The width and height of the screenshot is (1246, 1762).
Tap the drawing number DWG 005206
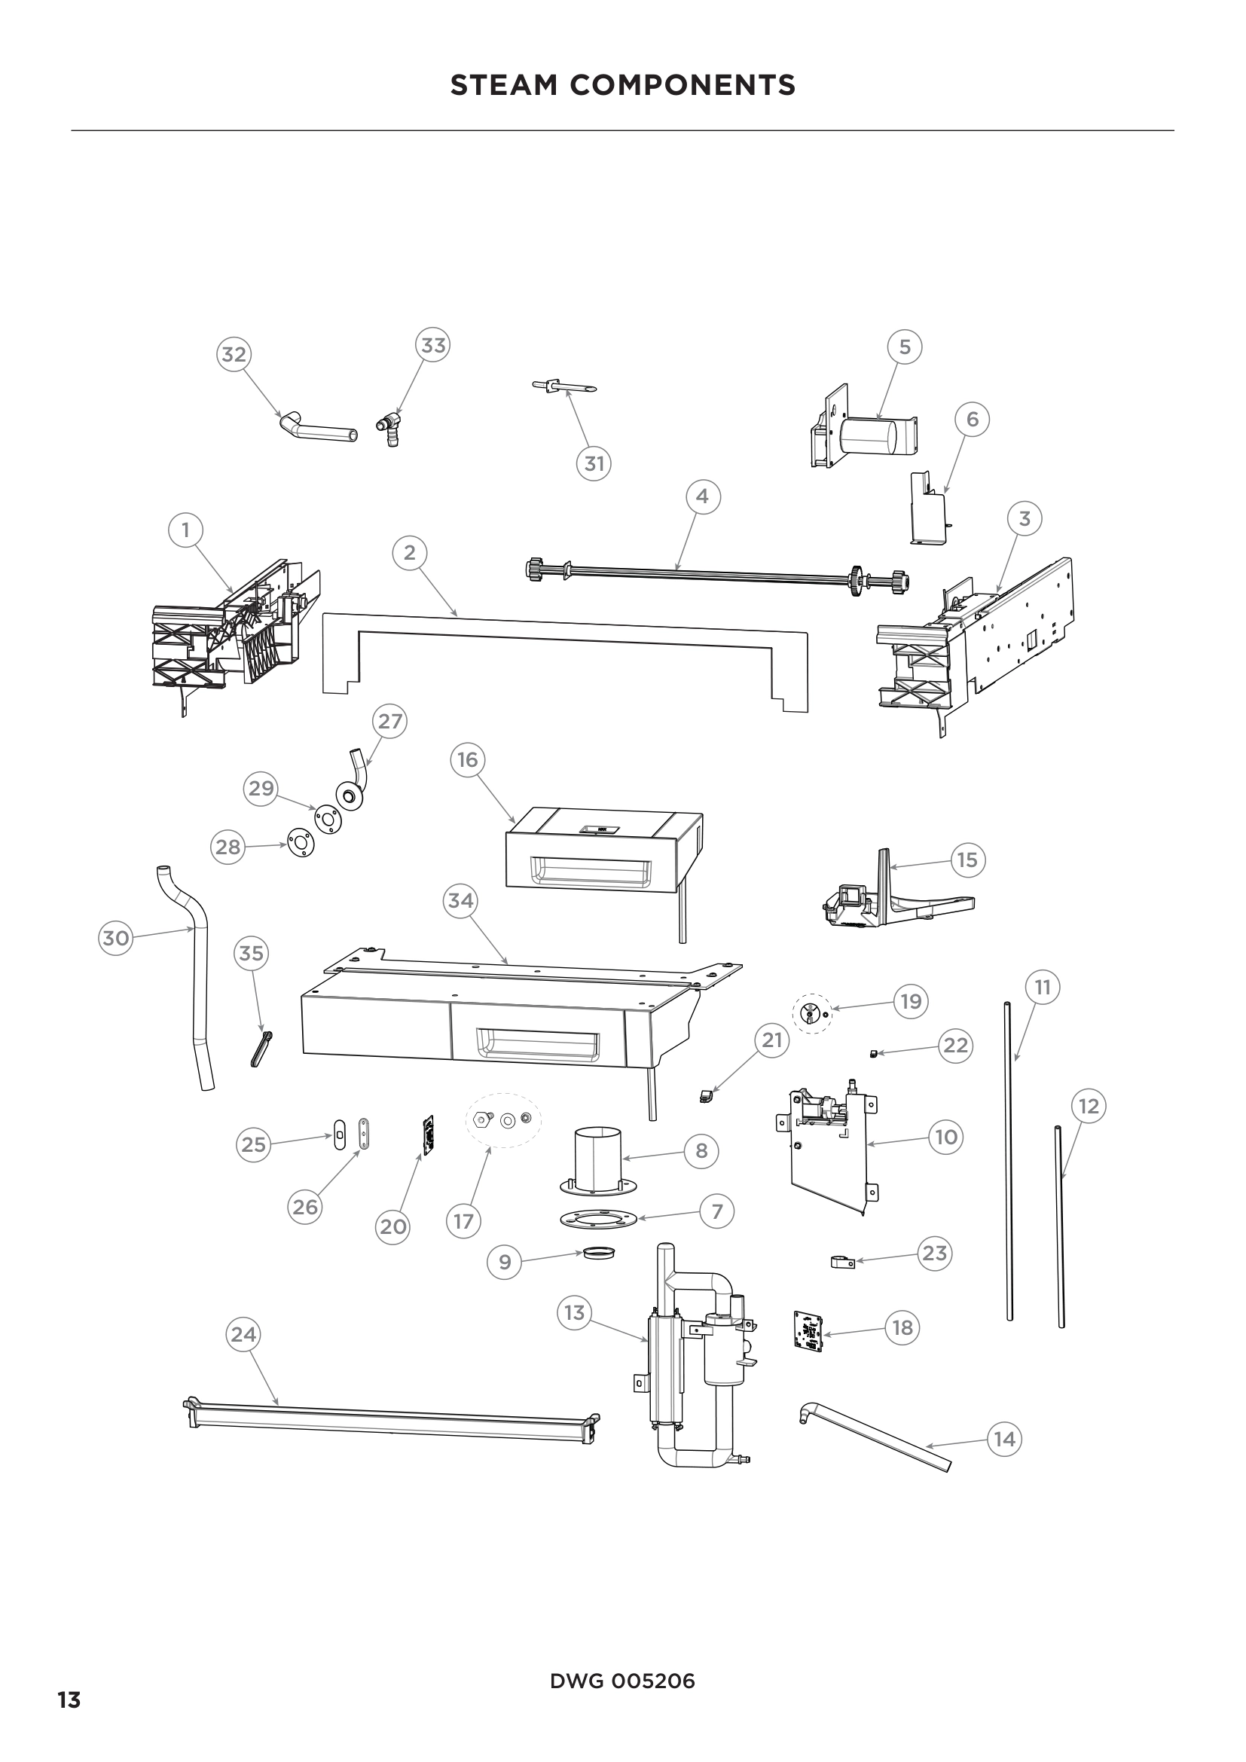622,1681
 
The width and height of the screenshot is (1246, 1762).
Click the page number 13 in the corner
69,1699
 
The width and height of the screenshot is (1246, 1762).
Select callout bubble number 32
234,355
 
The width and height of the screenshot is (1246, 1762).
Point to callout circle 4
702,496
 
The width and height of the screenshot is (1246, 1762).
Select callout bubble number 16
467,760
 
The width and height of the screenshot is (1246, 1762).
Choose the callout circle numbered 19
910,1001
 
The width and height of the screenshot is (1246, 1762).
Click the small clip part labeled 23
842,1261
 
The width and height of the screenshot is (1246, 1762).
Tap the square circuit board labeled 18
808,1330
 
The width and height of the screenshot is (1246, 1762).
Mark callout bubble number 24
243,1335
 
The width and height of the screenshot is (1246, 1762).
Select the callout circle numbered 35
251,953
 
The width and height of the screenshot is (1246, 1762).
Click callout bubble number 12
1088,1106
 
